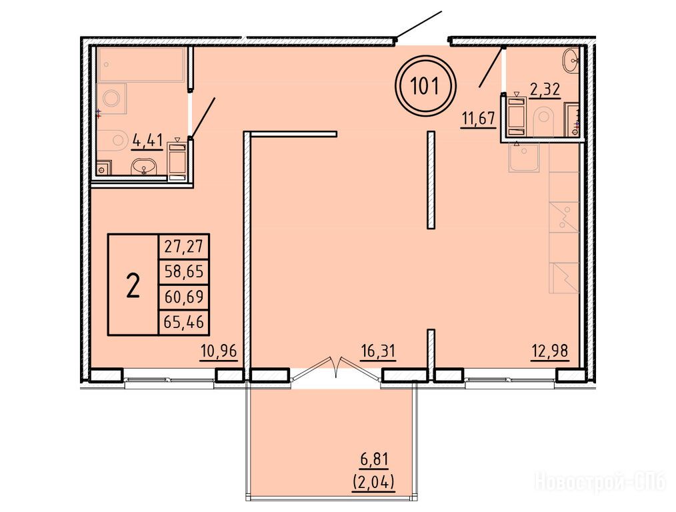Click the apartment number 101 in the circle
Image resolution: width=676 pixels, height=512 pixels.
coord(425,85)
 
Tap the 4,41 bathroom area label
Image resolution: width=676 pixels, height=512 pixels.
coord(147,141)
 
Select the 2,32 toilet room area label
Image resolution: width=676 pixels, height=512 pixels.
coord(545,89)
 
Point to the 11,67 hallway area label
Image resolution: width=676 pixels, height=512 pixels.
coord(478,118)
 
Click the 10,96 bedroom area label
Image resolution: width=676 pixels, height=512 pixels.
coord(219,351)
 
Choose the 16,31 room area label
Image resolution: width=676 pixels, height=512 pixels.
coord(377,351)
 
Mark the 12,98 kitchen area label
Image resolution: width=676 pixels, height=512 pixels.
coord(549,351)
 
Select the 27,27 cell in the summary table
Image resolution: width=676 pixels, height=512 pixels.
coord(184,247)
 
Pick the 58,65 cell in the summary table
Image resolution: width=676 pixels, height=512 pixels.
coord(184,272)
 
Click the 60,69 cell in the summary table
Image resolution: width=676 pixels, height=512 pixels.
coord(184,297)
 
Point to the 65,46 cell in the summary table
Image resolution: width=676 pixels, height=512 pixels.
coord(184,322)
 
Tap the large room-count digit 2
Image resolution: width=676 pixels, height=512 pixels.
coord(133,286)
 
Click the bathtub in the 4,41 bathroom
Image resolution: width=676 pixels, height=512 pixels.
coord(142,65)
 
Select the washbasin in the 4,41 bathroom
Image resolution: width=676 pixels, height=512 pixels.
coord(145,167)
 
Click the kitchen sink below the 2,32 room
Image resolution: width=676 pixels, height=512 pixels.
coord(523,158)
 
